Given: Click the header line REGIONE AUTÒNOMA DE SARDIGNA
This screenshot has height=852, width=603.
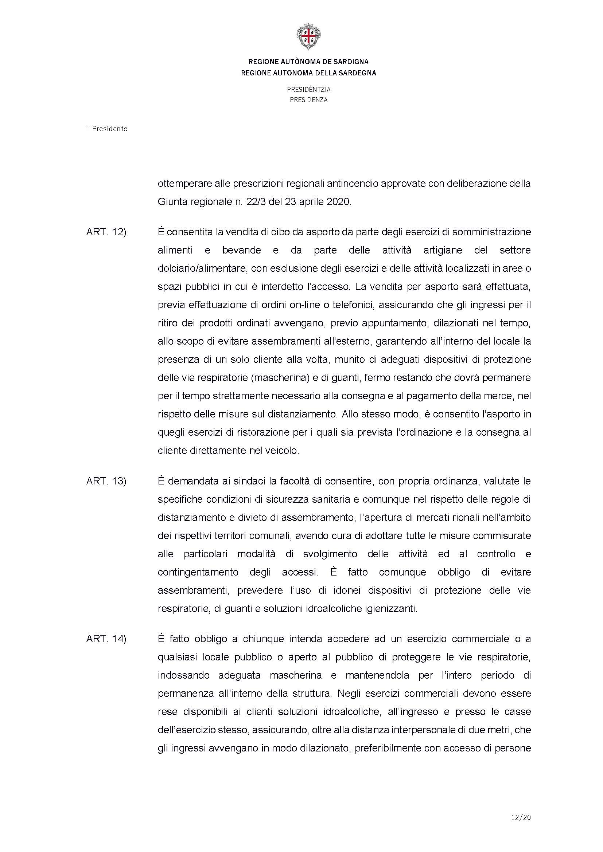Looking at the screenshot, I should (308, 62).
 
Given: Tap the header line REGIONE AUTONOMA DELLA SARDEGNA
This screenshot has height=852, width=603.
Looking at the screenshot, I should (308, 73).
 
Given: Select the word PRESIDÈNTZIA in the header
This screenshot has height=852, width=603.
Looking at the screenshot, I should (308, 90).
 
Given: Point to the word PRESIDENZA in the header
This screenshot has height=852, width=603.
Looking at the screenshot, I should (308, 100).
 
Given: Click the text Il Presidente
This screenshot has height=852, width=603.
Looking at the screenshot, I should (106, 129).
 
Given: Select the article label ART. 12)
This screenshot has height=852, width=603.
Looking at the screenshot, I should (106, 232).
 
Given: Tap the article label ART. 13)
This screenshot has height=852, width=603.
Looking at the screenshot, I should (106, 482).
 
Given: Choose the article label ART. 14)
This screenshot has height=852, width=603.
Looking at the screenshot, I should (106, 639).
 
